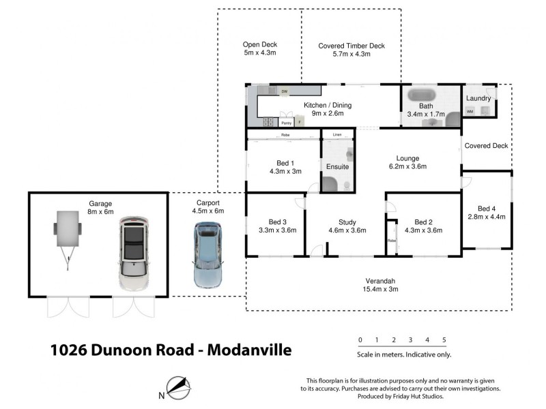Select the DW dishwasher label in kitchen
pos(284,91)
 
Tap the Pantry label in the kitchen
pos(287,123)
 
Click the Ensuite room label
pos(337,166)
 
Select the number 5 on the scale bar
pos(444,339)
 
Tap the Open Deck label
pos(260,45)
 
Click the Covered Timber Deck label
pos(351,46)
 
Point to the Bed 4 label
pos(487,208)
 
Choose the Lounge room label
pos(407,158)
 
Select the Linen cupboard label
pos(336,135)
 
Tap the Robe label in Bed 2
pos(392,241)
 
